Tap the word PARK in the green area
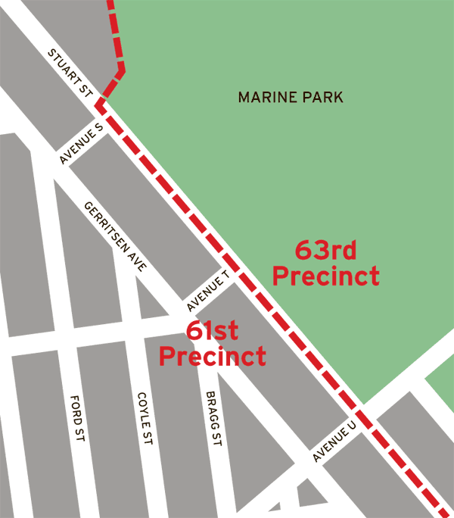pos(319,98)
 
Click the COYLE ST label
pos(144,420)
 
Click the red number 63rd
pos(325,250)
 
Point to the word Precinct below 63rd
pos(325,276)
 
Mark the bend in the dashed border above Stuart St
pos(121,72)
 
